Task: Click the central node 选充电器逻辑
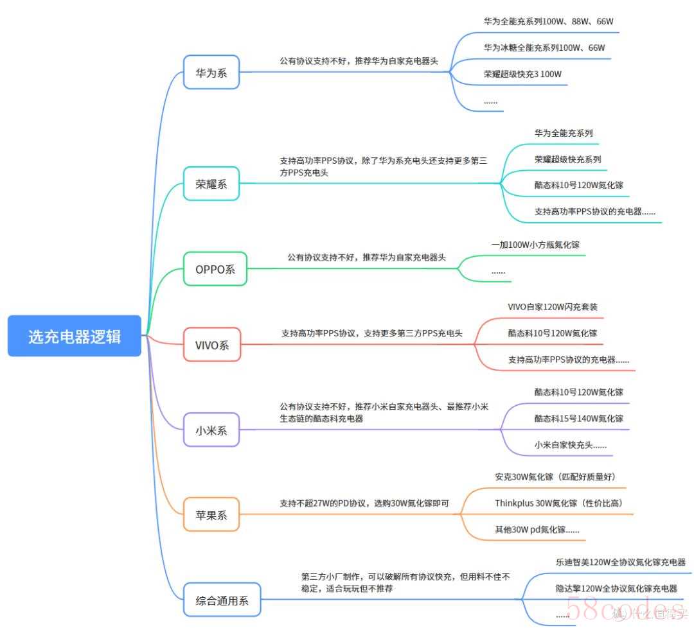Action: pyautogui.click(x=75, y=336)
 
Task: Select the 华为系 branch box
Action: pyautogui.click(x=211, y=72)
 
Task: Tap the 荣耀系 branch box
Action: pyautogui.click(x=211, y=184)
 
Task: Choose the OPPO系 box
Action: pyautogui.click(x=215, y=269)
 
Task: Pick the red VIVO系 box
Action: pyautogui.click(x=212, y=345)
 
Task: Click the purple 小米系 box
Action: pyautogui.click(x=211, y=430)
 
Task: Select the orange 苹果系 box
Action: pyautogui.click(x=211, y=515)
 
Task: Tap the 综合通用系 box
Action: pyautogui.click(x=222, y=600)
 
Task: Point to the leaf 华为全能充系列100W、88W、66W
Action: pyautogui.click(x=548, y=21)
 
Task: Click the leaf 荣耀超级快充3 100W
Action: pyautogui.click(x=522, y=74)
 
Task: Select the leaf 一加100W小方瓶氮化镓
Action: pyautogui.click(x=535, y=245)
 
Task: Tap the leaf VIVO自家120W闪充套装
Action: pyautogui.click(x=553, y=307)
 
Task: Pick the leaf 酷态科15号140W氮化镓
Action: pyautogui.click(x=579, y=419)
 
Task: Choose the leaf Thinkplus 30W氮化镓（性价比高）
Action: pyautogui.click(x=559, y=503)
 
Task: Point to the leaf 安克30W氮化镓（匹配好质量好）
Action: pyautogui.click(x=555, y=476)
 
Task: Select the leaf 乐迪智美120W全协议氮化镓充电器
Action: pyautogui.click(x=621, y=562)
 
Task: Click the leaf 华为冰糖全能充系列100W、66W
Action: pyautogui.click(x=544, y=48)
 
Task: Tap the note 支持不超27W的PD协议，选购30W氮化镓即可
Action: pyautogui.click(x=364, y=503)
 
